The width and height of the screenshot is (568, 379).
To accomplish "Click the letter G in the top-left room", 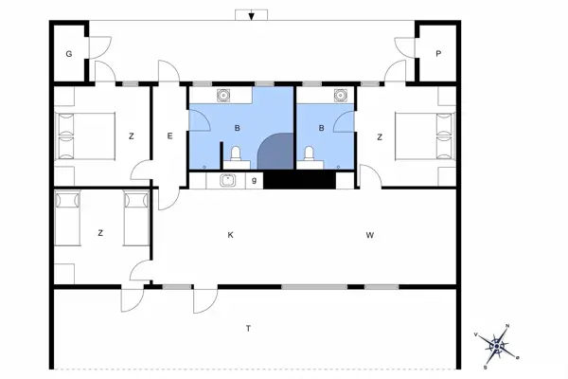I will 69,54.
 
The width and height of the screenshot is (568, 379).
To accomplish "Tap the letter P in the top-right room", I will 438,54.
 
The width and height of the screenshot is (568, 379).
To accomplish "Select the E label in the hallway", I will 170,136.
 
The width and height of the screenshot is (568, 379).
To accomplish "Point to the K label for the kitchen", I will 229,233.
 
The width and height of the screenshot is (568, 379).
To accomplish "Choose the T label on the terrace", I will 248,328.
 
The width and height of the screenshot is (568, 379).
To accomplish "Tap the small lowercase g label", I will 254,179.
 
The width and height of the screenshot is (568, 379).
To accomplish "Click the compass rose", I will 498,345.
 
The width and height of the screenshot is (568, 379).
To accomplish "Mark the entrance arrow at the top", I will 251,16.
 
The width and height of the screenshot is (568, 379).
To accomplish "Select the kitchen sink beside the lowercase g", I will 227,180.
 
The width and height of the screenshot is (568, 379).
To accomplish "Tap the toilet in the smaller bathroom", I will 309,154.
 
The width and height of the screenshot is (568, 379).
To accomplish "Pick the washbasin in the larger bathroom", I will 224,95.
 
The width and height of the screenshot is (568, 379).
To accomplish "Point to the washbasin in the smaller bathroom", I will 340,95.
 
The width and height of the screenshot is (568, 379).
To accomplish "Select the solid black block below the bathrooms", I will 298,179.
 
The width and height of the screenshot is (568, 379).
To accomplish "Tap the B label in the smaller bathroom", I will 322,127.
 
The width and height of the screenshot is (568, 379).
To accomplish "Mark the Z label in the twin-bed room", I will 99,233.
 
